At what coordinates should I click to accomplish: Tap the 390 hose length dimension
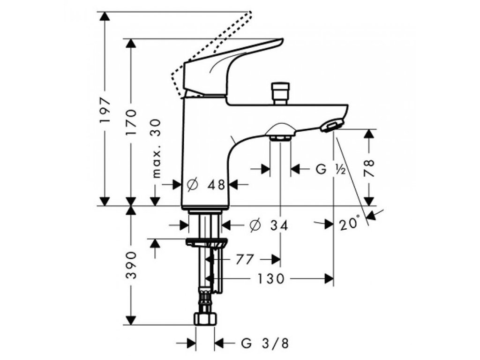(132, 266)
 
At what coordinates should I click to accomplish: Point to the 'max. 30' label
(157, 148)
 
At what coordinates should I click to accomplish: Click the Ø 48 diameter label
(206, 185)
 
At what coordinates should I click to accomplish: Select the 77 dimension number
(245, 259)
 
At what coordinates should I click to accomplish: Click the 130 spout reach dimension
(270, 279)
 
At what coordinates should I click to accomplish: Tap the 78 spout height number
(369, 167)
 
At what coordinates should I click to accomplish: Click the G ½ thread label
(330, 170)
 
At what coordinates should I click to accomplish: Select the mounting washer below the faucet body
(206, 242)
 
